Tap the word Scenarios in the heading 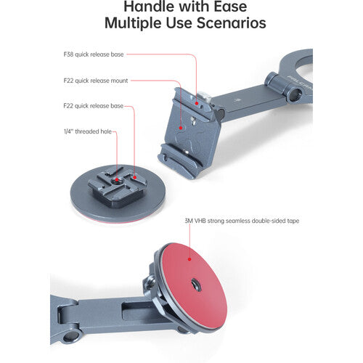[x=227, y=23]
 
